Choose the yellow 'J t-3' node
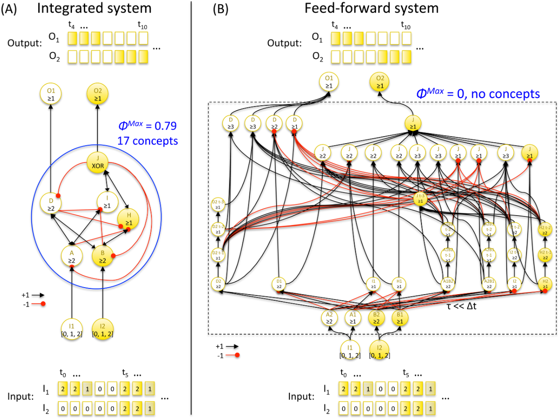(x=420, y=199)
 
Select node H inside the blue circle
(x=128, y=218)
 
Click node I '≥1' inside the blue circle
(x=108, y=201)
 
